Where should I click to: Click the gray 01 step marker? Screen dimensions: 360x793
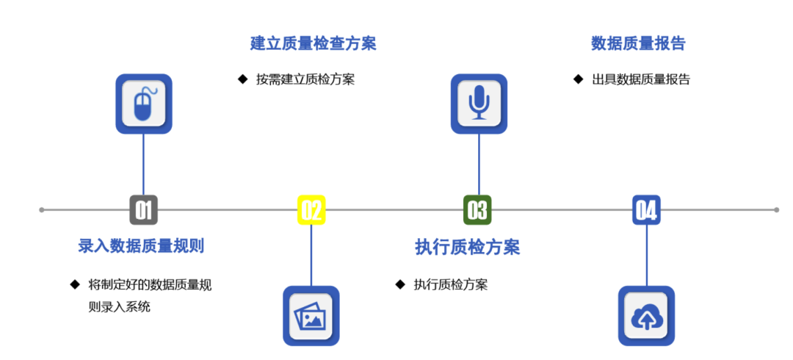click(143, 210)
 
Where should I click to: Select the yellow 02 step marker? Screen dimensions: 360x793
click(311, 210)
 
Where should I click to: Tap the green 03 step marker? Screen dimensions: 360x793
click(478, 210)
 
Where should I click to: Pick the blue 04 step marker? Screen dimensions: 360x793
click(646, 210)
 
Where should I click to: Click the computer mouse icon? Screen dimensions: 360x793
click(144, 104)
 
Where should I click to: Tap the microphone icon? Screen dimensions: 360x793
click(479, 104)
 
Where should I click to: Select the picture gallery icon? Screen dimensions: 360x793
click(311, 316)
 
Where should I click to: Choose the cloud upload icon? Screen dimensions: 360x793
click(646, 316)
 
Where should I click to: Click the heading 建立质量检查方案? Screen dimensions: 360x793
click(314, 43)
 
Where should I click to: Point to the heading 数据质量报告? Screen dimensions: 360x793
click(638, 43)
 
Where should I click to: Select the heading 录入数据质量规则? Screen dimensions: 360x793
click(141, 246)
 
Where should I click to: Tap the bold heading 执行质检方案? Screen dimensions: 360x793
click(468, 248)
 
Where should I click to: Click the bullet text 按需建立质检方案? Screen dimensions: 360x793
click(305, 79)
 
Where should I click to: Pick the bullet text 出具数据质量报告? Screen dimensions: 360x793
click(641, 79)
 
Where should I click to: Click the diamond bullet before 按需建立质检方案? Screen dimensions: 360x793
click(242, 79)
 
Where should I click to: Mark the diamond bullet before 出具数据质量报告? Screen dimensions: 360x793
click(578, 79)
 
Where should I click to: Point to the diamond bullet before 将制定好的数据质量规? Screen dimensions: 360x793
click(74, 284)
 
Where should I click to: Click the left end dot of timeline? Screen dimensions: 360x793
click(42, 210)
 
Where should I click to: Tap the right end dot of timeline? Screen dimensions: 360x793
click(776, 210)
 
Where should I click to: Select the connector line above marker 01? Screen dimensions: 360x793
click(143, 165)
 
